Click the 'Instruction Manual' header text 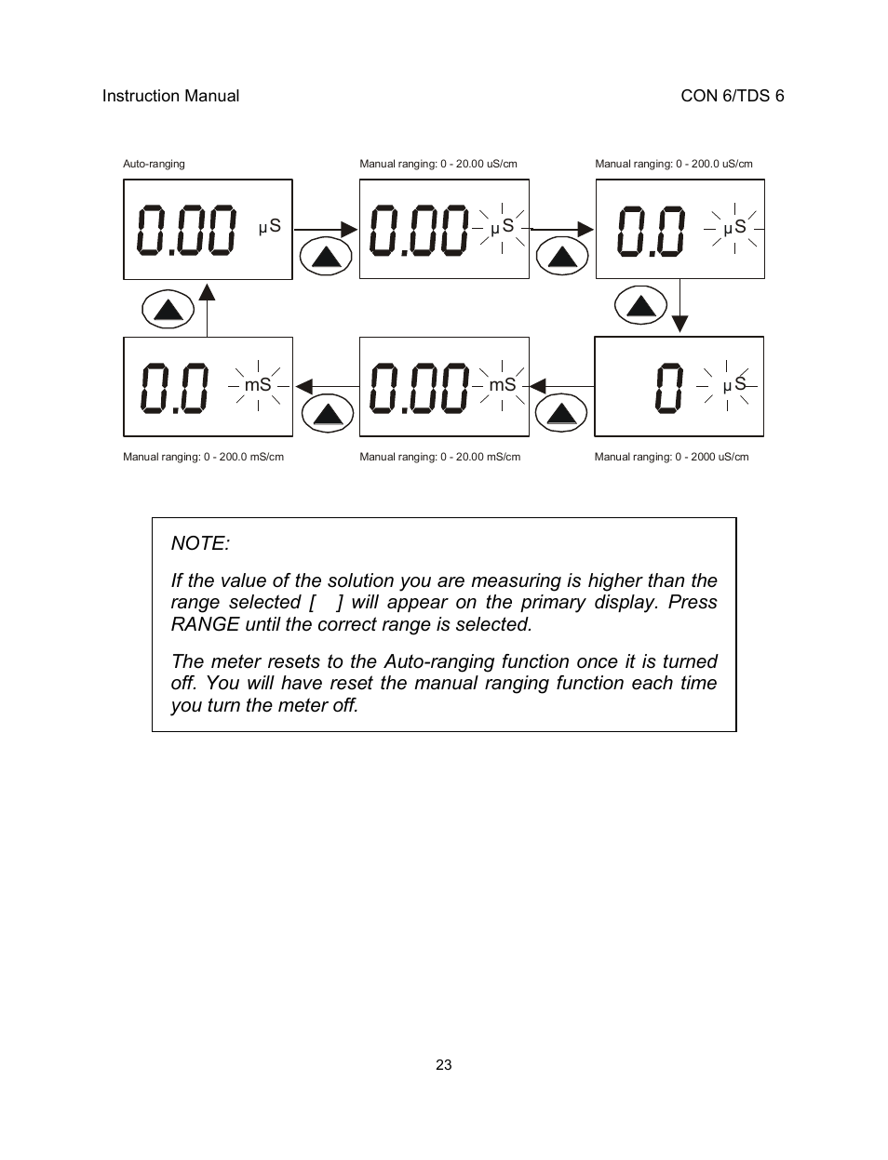[x=170, y=96]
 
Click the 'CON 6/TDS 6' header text [x=732, y=96]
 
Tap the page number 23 [x=443, y=1065]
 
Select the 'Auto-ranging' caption [x=154, y=164]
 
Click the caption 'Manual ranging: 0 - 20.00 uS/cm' [x=438, y=164]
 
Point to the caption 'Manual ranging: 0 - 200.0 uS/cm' [x=674, y=164]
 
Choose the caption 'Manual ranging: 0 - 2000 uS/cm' [x=671, y=457]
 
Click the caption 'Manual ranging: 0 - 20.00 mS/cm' [x=439, y=457]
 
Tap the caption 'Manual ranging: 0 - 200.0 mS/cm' [x=203, y=457]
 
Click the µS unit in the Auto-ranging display [x=269, y=226]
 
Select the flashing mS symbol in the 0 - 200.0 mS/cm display [x=258, y=384]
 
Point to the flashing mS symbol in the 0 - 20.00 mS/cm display [x=502, y=384]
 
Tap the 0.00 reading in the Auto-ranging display [x=186, y=231]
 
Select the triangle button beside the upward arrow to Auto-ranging [x=168, y=309]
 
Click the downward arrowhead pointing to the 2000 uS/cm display [x=680, y=323]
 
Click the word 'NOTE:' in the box [x=200, y=543]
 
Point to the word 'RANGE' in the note [x=205, y=624]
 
